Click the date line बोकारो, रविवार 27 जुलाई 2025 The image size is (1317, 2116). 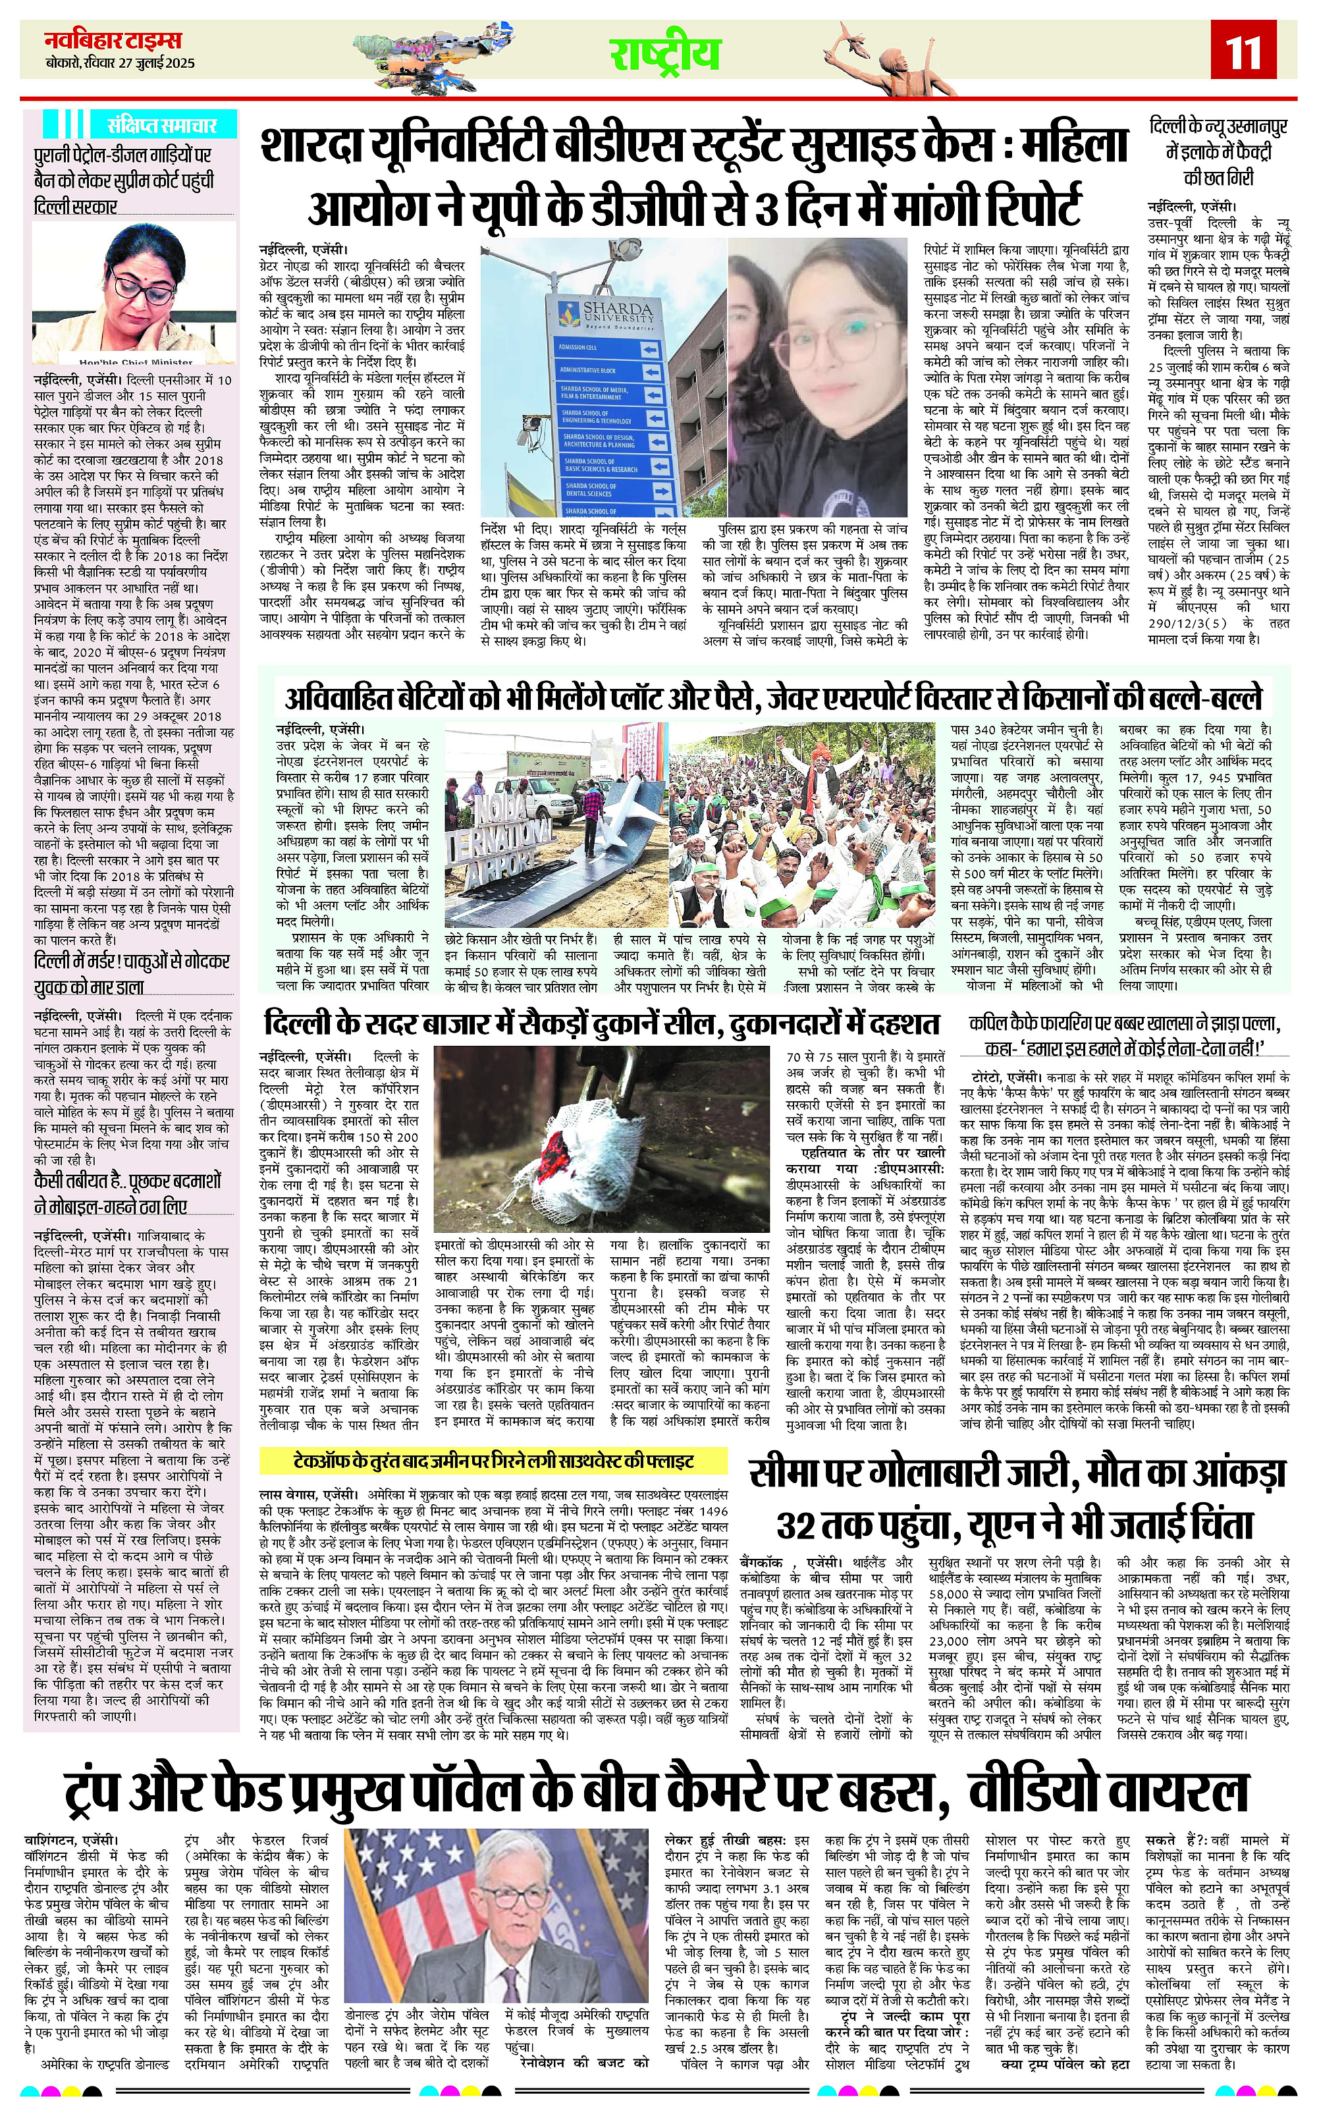(121, 64)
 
